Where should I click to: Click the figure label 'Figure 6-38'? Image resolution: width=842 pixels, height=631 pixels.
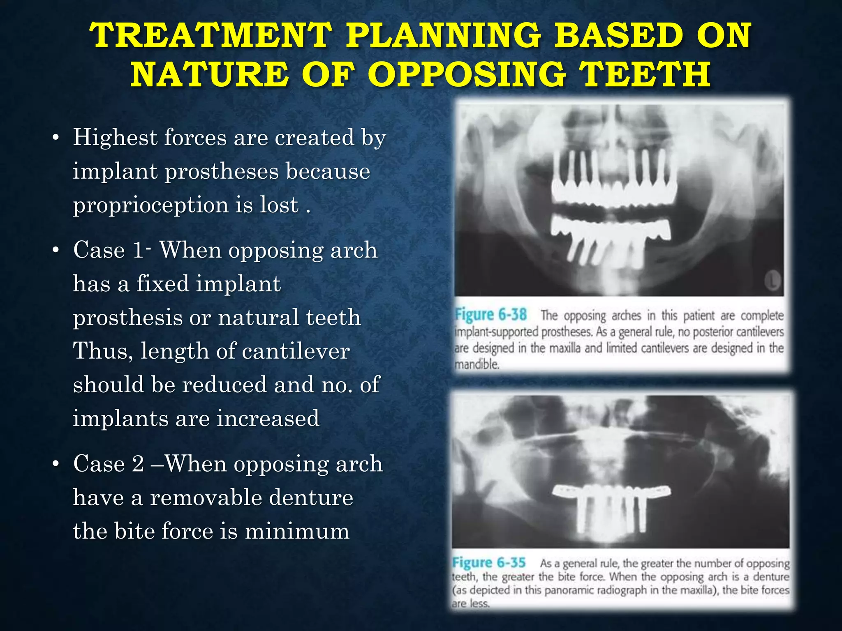[490, 315]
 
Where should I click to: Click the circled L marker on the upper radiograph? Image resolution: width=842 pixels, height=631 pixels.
[773, 281]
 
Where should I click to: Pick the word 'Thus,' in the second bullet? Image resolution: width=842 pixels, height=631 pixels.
[103, 351]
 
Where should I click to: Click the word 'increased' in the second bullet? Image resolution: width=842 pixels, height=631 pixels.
[268, 419]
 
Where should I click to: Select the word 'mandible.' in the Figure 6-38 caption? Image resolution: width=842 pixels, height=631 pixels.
[477, 364]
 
